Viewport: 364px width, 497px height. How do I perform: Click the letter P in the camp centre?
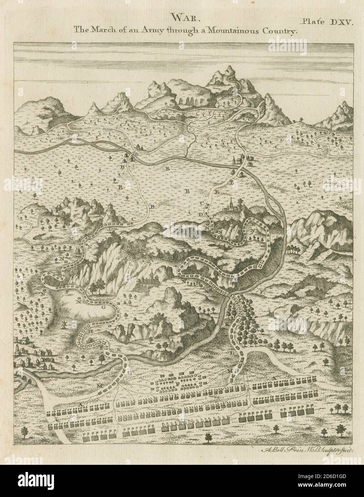[x=178, y=384]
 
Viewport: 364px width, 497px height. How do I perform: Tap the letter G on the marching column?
[x=104, y=307]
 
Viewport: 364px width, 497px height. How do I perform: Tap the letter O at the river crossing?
[x=136, y=154]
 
